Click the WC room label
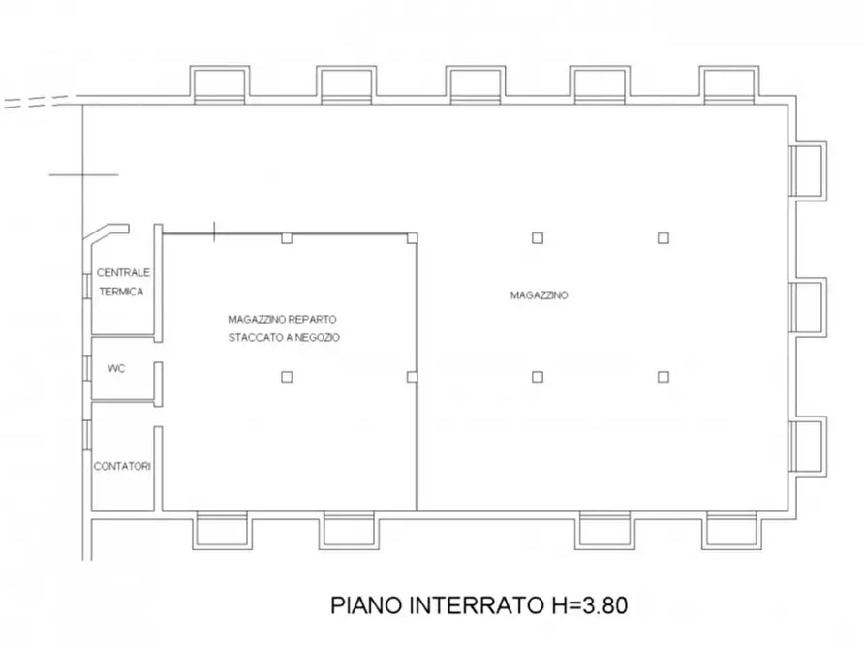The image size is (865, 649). pyautogui.click(x=117, y=369)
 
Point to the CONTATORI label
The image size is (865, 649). pyautogui.click(x=122, y=466)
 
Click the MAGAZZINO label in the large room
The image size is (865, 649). pyautogui.click(x=539, y=295)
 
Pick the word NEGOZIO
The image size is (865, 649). pyautogui.click(x=314, y=337)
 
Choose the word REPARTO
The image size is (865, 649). pyautogui.click(x=311, y=319)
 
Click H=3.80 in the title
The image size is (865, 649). pyautogui.click(x=583, y=606)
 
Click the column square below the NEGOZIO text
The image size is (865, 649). pyautogui.click(x=286, y=377)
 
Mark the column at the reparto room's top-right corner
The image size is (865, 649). pyautogui.click(x=413, y=238)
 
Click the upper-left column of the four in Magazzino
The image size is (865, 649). pyautogui.click(x=538, y=237)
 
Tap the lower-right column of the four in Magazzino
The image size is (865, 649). pyautogui.click(x=664, y=376)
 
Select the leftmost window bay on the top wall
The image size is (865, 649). pyautogui.click(x=221, y=84)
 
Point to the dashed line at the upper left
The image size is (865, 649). pyautogui.click(x=37, y=101)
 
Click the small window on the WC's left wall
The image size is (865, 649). pyautogui.click(x=87, y=369)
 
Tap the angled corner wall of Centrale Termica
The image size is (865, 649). pyautogui.click(x=104, y=236)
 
